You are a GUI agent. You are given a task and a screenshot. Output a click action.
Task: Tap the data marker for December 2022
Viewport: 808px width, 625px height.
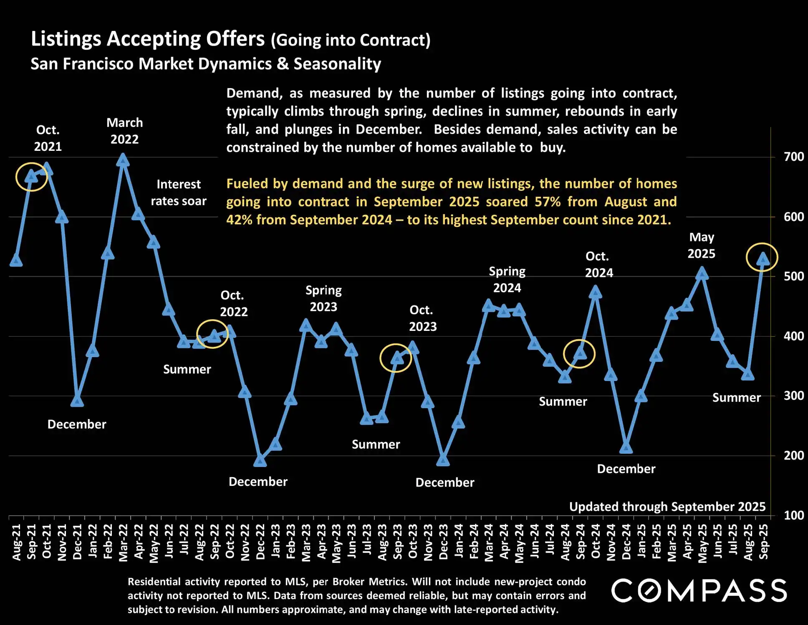pos(260,460)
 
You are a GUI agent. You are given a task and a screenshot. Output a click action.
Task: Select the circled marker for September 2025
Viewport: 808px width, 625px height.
pos(763,259)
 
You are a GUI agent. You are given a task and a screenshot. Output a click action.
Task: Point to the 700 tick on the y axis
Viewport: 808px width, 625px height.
pos(793,157)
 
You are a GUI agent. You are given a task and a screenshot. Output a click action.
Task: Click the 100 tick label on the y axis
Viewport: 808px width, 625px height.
pos(793,516)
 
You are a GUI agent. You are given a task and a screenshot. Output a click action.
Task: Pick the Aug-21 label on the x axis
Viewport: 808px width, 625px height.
pos(16,542)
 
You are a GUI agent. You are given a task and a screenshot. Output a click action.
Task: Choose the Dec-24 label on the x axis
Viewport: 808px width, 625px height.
pos(626,542)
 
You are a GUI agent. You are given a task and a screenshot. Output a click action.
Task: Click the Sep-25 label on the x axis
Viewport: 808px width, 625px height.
pos(763,542)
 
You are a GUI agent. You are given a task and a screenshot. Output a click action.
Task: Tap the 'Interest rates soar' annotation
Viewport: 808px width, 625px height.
pos(179,193)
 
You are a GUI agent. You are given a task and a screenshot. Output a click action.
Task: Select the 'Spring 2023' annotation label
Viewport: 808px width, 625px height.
pos(323,299)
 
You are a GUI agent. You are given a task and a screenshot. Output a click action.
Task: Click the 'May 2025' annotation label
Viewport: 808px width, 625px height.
pos(702,245)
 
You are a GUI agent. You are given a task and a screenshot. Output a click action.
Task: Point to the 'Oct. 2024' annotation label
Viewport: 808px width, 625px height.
pos(598,264)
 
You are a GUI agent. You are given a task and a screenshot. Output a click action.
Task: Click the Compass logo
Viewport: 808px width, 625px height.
pos(699,591)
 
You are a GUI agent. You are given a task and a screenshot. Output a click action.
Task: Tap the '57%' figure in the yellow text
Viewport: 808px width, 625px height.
pos(548,202)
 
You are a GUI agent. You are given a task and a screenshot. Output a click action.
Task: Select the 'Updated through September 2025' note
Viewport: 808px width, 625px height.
pos(667,507)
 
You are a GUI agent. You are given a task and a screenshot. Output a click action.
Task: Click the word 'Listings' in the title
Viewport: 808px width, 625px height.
pos(66,39)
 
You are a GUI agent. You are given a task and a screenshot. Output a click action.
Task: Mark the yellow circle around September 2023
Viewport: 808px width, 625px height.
pos(396,358)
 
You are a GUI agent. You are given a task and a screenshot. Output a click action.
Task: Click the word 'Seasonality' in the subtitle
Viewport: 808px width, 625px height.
pos(337,64)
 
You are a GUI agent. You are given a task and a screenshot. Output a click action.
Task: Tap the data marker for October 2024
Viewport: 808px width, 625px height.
pos(596,292)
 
